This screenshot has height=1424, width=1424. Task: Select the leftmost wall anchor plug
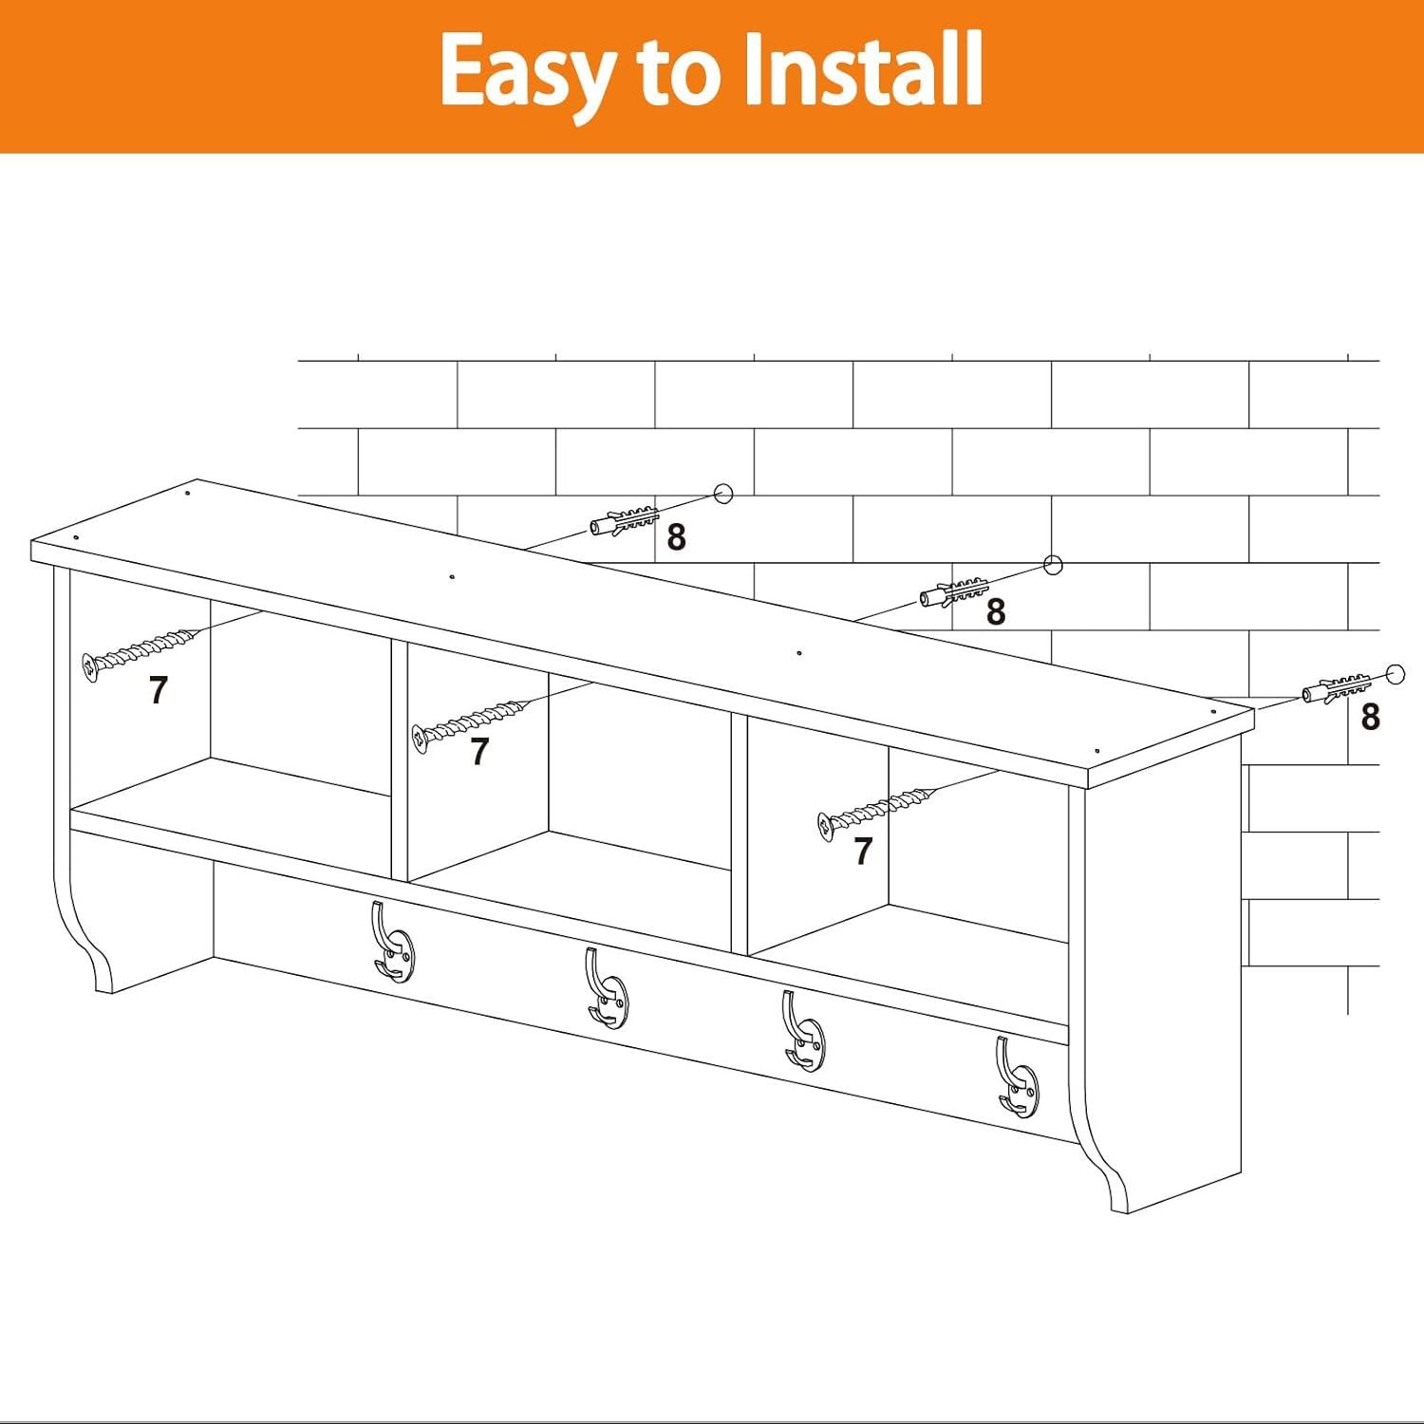click(x=624, y=521)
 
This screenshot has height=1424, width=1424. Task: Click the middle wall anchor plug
click(x=954, y=592)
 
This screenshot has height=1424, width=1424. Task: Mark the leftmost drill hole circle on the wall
click(x=723, y=494)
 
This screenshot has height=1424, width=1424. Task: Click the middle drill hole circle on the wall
click(x=1053, y=566)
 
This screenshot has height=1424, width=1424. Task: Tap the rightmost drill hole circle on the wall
click(x=1395, y=674)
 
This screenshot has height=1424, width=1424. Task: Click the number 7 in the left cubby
click(x=159, y=690)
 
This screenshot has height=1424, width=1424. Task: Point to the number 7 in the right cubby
click(x=863, y=852)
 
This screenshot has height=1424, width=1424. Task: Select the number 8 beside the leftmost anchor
click(x=676, y=537)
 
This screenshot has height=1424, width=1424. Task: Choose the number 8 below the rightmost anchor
click(x=1370, y=717)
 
